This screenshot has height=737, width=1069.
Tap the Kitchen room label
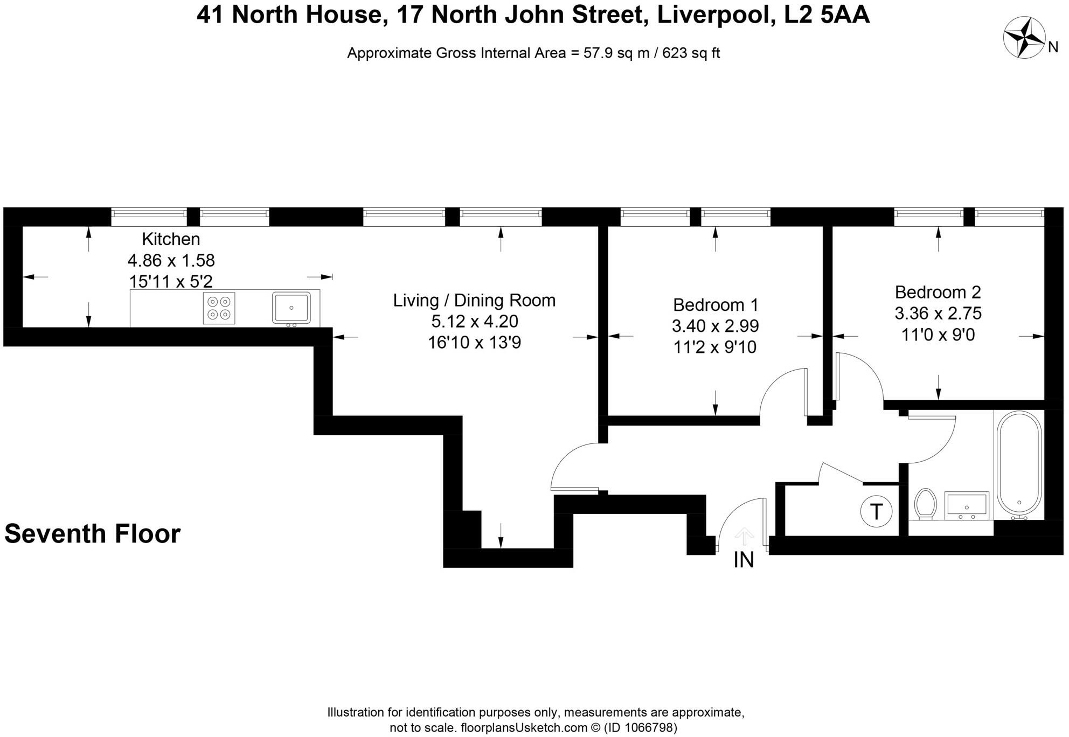[x=171, y=239]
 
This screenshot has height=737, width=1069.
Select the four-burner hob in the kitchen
[x=219, y=308]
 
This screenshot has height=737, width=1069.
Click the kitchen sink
[x=291, y=308]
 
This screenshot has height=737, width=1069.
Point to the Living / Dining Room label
[x=474, y=300]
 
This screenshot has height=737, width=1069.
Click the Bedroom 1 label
[x=716, y=305]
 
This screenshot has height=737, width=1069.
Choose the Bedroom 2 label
[x=938, y=292]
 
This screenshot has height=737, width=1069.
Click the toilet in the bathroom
[x=925, y=504]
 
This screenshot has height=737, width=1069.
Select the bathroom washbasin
[x=967, y=505]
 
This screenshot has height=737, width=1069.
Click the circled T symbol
[x=876, y=511]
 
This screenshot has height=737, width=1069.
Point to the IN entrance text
[x=744, y=560]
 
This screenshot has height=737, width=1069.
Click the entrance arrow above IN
[x=744, y=536]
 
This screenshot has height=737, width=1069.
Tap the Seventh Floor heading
[x=92, y=534]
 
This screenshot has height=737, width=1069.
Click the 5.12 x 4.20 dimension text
[x=475, y=321]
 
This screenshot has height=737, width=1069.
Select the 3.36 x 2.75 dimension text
[x=938, y=313]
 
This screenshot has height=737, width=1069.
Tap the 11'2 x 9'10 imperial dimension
[x=715, y=347]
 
